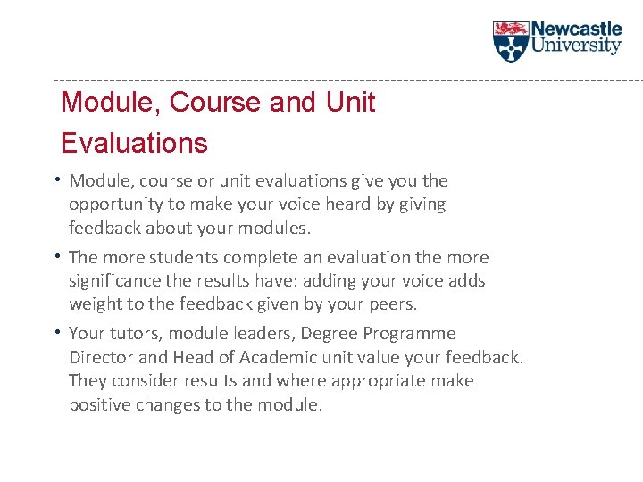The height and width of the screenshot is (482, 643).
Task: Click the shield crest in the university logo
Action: click(511, 41)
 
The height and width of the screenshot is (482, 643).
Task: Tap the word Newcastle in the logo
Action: click(576, 29)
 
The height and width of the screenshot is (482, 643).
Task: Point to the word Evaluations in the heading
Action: click(134, 143)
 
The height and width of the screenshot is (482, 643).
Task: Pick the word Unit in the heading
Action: click(350, 103)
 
